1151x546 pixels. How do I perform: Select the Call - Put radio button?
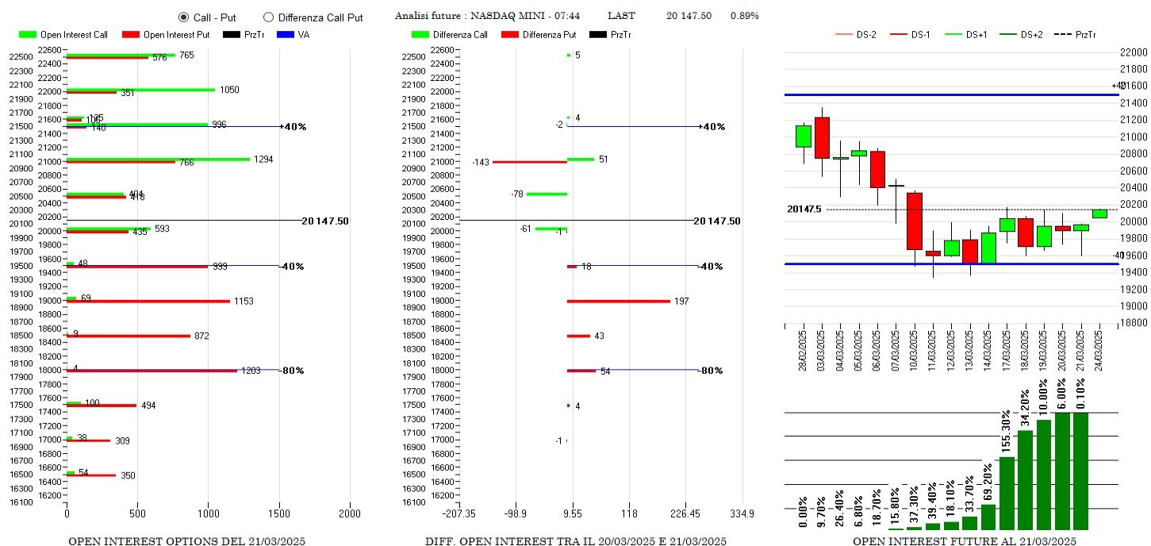click(183, 17)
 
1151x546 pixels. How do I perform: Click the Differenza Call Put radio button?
click(268, 17)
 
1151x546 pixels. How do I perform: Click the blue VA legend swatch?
click(286, 35)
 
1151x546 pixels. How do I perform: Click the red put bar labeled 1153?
click(148, 302)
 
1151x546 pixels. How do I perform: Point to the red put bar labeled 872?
click(128, 336)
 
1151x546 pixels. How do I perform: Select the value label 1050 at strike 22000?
click(229, 90)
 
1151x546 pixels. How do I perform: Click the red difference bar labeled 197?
click(618, 302)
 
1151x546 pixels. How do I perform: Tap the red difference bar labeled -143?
click(529, 162)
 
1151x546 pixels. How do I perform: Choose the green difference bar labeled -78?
click(547, 194)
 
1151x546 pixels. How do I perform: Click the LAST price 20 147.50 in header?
click(689, 16)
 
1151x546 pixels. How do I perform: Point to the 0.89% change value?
click(744, 16)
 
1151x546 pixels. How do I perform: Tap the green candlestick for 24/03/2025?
click(1099, 213)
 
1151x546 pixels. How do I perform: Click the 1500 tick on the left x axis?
click(278, 513)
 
